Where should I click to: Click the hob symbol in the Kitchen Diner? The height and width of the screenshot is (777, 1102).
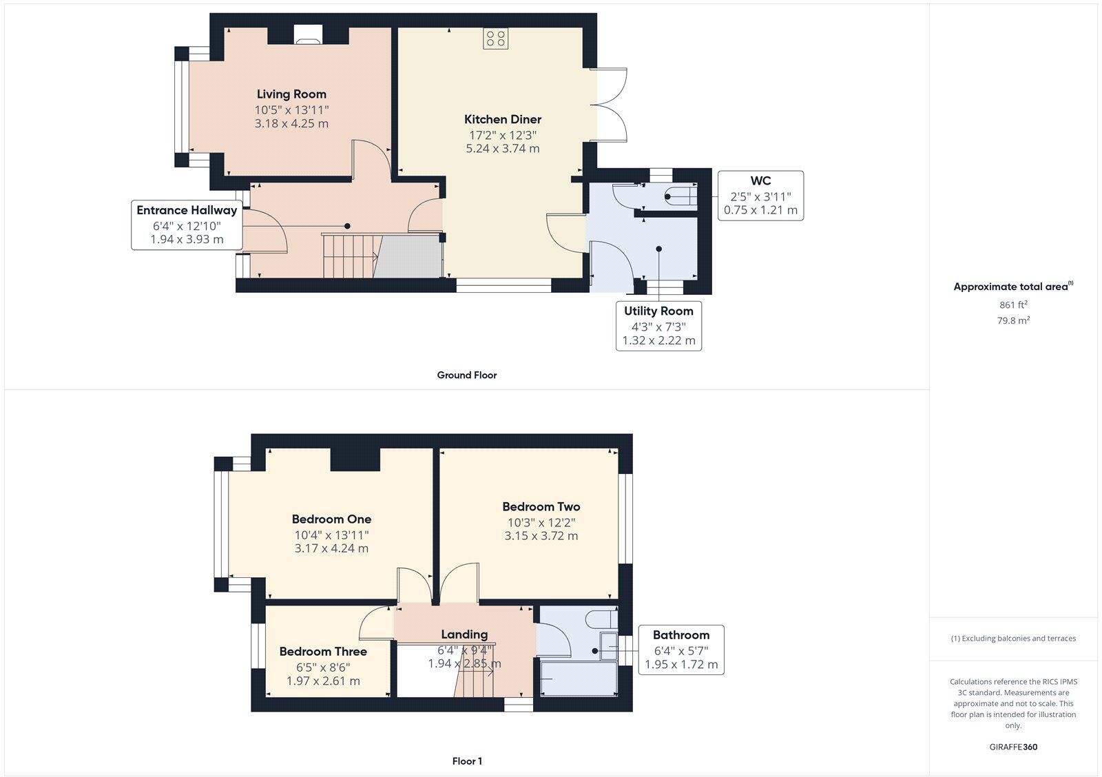pyautogui.click(x=495, y=39)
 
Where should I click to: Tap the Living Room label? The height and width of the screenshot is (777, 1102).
pyautogui.click(x=291, y=94)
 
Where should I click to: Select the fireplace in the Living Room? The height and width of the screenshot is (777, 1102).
pyautogui.click(x=307, y=35)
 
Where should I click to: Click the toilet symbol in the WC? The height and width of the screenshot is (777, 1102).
pyautogui.click(x=678, y=197)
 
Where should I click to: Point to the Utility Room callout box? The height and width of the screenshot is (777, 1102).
pyautogui.click(x=658, y=326)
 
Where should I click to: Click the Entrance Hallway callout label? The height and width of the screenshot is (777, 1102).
pyautogui.click(x=187, y=211)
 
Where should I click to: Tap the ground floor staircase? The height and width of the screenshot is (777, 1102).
pyautogui.click(x=350, y=256)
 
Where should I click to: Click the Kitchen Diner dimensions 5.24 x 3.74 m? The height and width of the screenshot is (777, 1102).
pyautogui.click(x=503, y=148)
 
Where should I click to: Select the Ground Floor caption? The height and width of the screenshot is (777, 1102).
pyautogui.click(x=466, y=375)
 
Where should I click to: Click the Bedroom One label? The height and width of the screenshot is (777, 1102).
pyautogui.click(x=331, y=519)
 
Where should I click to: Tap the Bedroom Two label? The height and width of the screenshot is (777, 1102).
pyautogui.click(x=541, y=507)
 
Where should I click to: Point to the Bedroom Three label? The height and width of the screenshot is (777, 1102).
pyautogui.click(x=323, y=652)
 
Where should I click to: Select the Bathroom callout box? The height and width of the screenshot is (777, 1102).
pyautogui.click(x=680, y=650)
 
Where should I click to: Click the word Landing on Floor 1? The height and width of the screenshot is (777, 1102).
pyautogui.click(x=464, y=634)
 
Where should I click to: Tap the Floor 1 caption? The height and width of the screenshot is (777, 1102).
pyautogui.click(x=467, y=761)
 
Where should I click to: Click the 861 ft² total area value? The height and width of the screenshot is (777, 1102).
pyautogui.click(x=1013, y=304)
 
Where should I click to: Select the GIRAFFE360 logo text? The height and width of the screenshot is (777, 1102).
pyautogui.click(x=1013, y=747)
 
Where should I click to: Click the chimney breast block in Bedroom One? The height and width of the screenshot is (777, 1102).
pyautogui.click(x=355, y=459)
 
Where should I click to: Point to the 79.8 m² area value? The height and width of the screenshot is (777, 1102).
pyautogui.click(x=1013, y=320)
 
